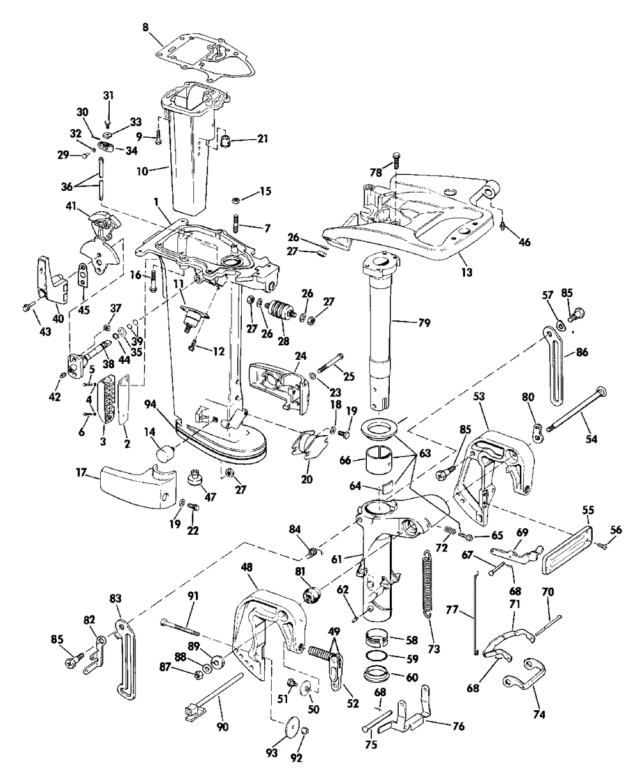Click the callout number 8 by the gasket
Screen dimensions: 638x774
point(145,27)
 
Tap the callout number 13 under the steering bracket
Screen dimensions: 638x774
point(467,272)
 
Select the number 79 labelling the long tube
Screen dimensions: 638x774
point(424,324)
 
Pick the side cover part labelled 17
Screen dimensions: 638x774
point(138,486)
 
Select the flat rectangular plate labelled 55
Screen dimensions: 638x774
point(567,550)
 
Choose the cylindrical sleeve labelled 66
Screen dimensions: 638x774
point(379,461)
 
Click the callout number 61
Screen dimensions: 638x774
point(337,559)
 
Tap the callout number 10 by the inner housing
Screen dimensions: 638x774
point(142,171)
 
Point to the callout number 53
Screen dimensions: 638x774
point(479,396)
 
